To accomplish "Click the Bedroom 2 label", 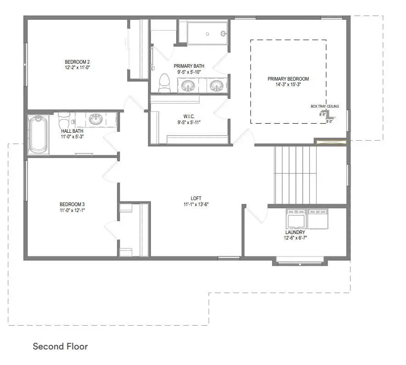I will coord(77,62).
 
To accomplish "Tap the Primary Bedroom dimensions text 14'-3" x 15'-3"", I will coord(288,85).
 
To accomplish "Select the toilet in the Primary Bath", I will coord(164,83).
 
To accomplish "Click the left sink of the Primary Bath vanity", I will coord(188,85).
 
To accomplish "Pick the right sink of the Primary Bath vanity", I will coord(216,85).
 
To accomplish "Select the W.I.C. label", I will coord(189,116).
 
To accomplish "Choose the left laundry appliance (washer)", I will coord(296,219).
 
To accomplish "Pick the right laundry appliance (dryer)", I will coord(317,219).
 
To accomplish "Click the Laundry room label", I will coord(295,233).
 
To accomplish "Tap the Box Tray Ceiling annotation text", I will coord(325,107).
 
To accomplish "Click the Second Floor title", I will coord(60,346).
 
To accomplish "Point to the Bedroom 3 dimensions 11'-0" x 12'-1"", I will coord(72,210).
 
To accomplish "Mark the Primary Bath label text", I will coord(189,66).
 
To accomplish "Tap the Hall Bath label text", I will coord(72,131).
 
